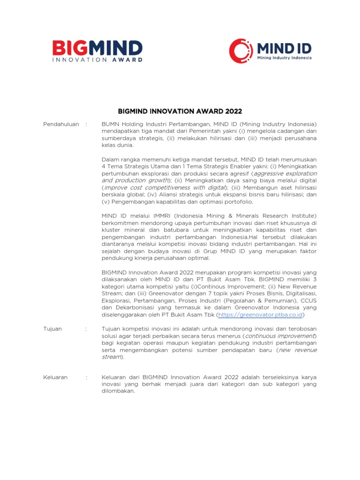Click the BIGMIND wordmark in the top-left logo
[x=97, y=48]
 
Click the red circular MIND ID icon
[x=240, y=50]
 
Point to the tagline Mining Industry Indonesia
[x=284, y=58]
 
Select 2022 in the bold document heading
[x=233, y=111]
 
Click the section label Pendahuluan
[x=61, y=124]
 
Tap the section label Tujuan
[x=52, y=329]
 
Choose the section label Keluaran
[x=55, y=377]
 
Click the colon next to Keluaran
[x=86, y=377]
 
